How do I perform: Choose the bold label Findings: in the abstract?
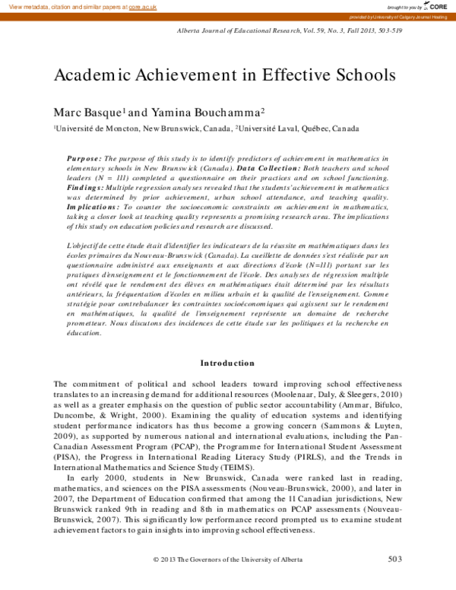pos(87,186)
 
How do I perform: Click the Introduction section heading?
pos(227,363)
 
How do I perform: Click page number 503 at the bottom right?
pos(394,560)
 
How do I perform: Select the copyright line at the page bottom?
pos(227,560)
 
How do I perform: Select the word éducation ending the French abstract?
pos(84,332)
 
